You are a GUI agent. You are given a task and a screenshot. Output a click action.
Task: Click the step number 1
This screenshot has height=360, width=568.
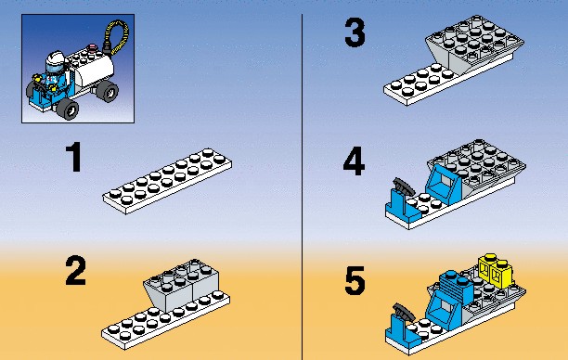click(75, 157)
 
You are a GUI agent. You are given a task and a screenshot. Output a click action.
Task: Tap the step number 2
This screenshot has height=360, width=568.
click(76, 271)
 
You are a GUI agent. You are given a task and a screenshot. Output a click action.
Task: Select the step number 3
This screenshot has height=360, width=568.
click(355, 33)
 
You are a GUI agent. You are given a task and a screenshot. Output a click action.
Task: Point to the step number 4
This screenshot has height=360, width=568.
click(354, 161)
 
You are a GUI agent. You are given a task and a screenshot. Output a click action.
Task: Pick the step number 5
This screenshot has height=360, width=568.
click(355, 281)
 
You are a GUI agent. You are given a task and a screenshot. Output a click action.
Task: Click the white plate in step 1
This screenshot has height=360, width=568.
click(167, 180)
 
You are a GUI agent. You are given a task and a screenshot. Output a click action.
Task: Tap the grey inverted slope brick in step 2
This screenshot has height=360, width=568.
click(182, 285)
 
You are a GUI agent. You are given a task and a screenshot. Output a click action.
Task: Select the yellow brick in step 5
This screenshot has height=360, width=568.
click(496, 270)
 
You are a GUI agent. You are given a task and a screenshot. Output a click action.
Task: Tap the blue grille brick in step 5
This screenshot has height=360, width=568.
click(456, 285)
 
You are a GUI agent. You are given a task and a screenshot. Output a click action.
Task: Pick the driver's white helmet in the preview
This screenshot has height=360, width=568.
click(56, 62)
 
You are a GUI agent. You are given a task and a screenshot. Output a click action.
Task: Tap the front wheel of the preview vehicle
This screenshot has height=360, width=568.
click(68, 109)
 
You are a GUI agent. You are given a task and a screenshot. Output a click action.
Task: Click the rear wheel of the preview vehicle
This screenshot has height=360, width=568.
click(108, 91)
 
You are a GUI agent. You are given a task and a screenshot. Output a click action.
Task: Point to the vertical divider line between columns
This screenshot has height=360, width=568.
click(302, 186)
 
